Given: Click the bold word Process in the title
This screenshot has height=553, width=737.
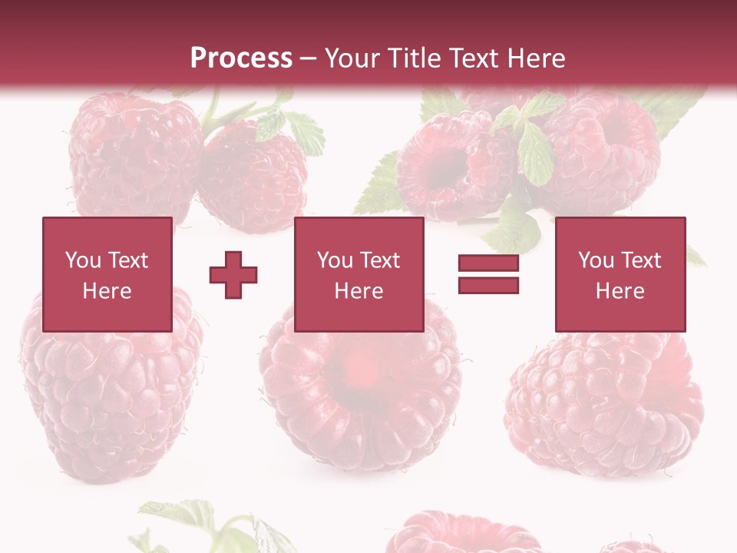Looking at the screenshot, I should [241, 58].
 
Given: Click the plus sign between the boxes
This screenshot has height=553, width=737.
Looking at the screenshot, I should [233, 275].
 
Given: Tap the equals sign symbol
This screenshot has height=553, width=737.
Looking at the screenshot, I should [488, 275].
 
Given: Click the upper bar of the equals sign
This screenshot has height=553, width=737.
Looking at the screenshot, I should [488, 263].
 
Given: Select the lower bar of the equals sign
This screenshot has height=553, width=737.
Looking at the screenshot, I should [488, 286].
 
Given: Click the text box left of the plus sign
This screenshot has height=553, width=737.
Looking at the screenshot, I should [107, 274].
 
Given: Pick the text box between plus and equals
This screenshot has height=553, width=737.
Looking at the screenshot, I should [359, 274].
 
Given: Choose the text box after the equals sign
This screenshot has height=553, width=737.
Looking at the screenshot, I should [620, 274].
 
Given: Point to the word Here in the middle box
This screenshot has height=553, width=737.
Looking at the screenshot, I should [359, 291].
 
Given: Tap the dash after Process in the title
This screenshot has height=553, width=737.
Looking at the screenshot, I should [309, 58].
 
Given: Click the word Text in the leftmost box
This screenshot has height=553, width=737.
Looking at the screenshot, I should [127, 260].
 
